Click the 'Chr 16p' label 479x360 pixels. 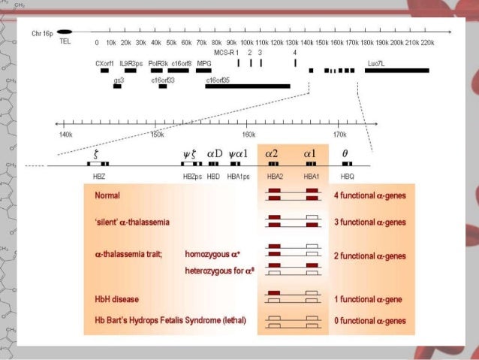42,33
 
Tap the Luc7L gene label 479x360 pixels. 376,63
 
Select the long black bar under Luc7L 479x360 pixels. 396,71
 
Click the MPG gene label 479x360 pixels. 203,63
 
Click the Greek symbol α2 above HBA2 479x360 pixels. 272,153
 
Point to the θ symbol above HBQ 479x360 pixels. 345,153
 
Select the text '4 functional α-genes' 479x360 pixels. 369,196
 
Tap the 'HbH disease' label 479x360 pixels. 116,299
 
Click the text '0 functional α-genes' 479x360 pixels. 370,321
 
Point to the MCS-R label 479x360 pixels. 224,53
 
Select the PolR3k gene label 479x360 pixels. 158,63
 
